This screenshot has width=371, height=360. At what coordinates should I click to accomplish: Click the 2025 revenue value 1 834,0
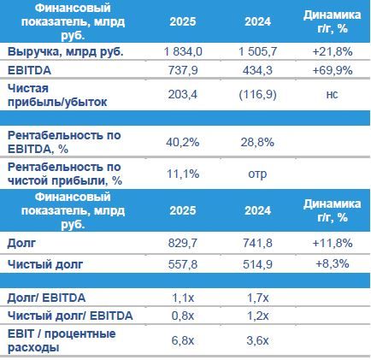[x=183, y=51]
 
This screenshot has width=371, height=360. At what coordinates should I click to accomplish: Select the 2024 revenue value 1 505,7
[x=257, y=51]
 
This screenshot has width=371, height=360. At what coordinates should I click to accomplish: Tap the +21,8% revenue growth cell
[x=333, y=51]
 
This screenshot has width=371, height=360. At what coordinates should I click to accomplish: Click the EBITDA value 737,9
[x=183, y=70]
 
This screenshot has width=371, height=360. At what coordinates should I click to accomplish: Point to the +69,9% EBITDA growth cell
[x=333, y=70]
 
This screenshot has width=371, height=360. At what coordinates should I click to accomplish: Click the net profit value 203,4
[x=183, y=94]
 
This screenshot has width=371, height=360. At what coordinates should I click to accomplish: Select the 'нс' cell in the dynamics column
[x=332, y=95]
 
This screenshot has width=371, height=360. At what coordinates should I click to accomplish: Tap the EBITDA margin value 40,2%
[x=183, y=142]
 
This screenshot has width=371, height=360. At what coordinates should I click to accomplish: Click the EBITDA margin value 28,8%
[x=257, y=142]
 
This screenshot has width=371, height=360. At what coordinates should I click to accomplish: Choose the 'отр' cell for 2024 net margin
[x=257, y=174]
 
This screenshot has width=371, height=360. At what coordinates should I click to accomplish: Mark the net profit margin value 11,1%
[x=183, y=174]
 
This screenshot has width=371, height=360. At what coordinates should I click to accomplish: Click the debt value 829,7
[x=183, y=243]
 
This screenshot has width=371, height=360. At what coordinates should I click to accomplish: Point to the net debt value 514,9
[x=257, y=264]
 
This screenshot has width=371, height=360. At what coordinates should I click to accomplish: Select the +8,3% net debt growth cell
[x=333, y=263]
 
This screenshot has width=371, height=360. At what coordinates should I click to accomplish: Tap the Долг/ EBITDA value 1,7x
[x=258, y=298]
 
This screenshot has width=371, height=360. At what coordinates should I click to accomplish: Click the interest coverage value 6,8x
[x=183, y=340]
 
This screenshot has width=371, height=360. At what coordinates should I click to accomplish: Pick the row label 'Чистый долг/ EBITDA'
[x=70, y=316]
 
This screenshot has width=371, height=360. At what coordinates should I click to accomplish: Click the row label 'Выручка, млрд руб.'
[x=66, y=52]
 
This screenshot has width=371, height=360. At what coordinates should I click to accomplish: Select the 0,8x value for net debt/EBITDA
[x=183, y=316]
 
